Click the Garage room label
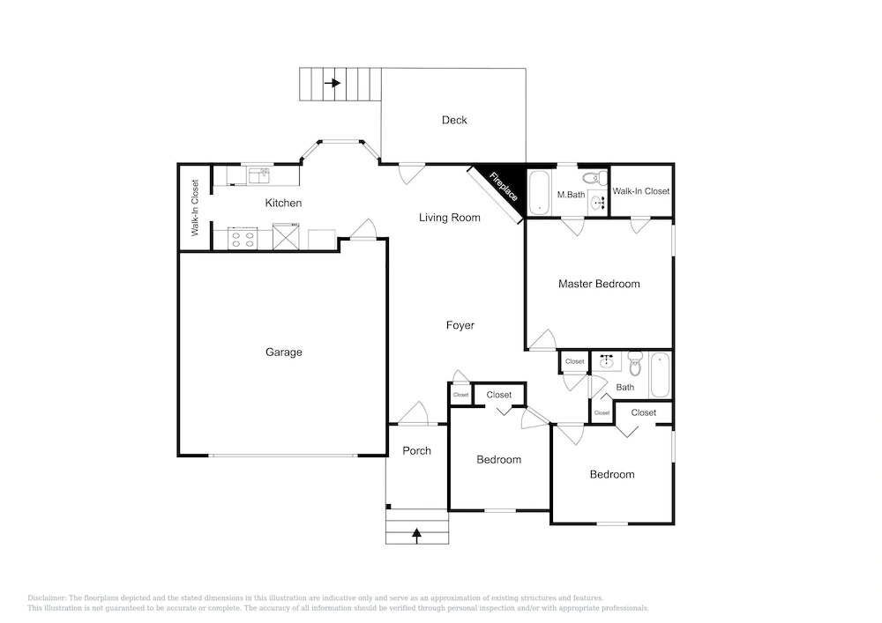[283, 352]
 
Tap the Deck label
[454, 120]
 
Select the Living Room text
[450, 218]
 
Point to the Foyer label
[460, 325]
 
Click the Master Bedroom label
[599, 284]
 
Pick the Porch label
[417, 450]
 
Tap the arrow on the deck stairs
[333, 83]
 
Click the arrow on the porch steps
[417, 536]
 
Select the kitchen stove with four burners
[243, 238]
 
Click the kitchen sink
[258, 175]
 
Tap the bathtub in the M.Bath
[539, 192]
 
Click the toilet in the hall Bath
[635, 363]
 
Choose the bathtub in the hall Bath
[660, 375]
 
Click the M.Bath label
[571, 195]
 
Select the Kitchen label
[283, 203]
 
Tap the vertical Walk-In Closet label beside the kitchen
[195, 208]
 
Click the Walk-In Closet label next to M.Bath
[640, 191]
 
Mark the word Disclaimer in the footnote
[47, 598]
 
